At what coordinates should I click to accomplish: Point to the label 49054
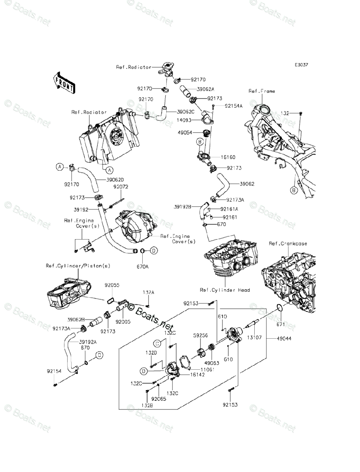[185, 133]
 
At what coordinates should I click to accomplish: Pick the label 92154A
[234, 106]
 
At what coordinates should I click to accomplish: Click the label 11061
[197, 370]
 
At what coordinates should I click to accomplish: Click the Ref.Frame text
[262, 91]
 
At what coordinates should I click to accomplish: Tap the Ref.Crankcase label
[288, 243]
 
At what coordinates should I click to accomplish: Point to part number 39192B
[182, 206]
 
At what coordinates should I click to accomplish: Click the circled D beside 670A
[154, 250]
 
